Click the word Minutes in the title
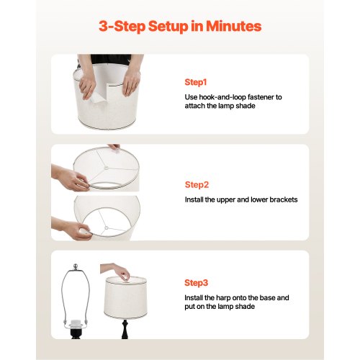[233, 26]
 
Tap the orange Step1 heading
[196, 82]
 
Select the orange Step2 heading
[197, 185]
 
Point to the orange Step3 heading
[196, 283]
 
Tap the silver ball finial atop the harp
[76, 266]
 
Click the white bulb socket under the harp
[76, 325]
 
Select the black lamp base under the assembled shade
[125, 329]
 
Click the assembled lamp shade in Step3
[125, 298]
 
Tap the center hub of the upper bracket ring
[106, 167]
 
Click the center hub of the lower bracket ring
[107, 228]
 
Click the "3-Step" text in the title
[122, 27]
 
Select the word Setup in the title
[168, 27]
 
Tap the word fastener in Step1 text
[261, 97]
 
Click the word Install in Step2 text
[194, 199]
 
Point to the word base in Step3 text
[267, 298]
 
